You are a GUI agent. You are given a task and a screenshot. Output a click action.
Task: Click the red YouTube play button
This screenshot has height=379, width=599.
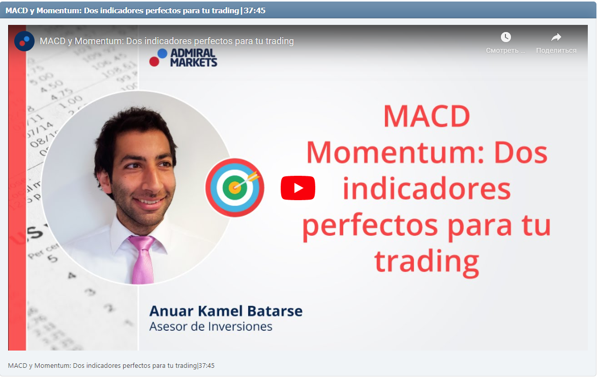298,188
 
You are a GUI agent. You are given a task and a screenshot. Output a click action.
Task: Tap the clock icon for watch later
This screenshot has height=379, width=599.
505,37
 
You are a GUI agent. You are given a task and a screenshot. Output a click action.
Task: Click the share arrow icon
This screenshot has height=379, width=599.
556,37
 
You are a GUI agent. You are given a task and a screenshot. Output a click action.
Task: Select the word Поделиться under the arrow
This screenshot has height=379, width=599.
556,50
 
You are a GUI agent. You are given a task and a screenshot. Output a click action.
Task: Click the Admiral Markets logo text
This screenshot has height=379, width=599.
193,58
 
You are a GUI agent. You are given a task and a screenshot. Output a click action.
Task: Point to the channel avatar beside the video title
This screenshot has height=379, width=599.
24,41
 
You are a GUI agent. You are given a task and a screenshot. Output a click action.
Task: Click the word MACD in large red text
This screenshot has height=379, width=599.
426,116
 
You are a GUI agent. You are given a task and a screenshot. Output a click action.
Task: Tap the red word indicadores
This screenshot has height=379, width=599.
426,188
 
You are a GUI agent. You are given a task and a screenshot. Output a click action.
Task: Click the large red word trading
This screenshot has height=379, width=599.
427,261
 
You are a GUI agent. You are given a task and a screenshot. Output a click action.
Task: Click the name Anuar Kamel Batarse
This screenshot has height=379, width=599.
226,311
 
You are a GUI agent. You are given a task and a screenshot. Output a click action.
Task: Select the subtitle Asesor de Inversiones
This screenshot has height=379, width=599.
211,326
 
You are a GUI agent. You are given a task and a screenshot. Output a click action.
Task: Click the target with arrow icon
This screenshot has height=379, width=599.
235,187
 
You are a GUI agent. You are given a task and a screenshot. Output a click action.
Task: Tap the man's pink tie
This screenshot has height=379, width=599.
142,259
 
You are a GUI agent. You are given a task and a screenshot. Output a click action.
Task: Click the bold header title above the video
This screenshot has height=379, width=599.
135,10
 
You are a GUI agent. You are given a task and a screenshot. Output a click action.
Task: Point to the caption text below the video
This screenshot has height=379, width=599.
111,365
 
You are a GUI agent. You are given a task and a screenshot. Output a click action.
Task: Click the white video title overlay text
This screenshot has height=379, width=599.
167,41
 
